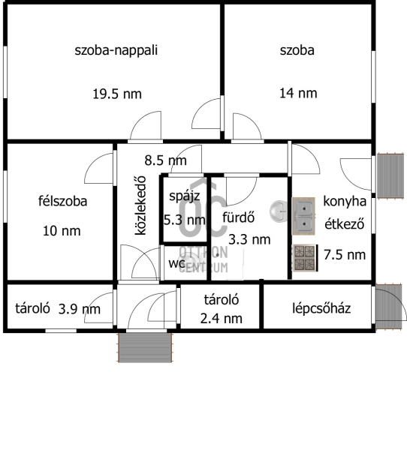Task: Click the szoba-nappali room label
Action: [x=116, y=50]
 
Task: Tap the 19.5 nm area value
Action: [x=117, y=94]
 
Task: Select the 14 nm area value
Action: [x=298, y=93]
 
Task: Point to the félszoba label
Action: [x=62, y=201]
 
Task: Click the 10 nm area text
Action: [x=62, y=231]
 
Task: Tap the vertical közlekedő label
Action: [x=140, y=205]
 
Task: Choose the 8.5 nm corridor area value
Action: [x=165, y=160]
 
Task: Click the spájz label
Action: [x=185, y=196]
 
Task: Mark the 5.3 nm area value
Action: [x=185, y=220]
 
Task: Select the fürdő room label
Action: [x=239, y=217]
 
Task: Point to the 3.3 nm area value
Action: [x=249, y=239]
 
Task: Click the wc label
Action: [x=176, y=263]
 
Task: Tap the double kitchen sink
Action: [x=303, y=216]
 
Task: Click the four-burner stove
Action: [x=305, y=258]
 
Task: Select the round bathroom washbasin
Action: [x=279, y=211]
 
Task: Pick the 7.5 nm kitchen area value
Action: [x=345, y=255]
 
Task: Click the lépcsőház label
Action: [x=321, y=308]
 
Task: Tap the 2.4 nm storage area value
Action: [x=221, y=319]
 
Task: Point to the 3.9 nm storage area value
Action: [x=80, y=309]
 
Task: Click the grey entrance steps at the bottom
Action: [x=146, y=347]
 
